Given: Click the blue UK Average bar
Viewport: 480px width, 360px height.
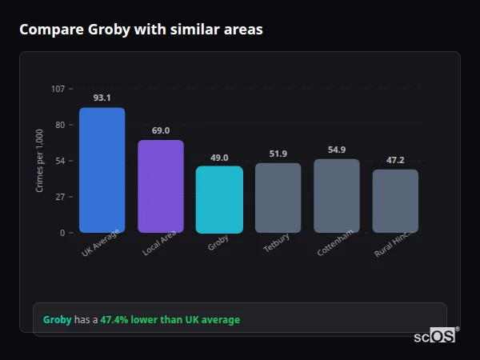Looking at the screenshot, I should click(102, 170).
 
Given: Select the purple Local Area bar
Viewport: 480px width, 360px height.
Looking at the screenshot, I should click(160, 186).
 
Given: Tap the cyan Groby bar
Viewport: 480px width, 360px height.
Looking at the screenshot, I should click(219, 199).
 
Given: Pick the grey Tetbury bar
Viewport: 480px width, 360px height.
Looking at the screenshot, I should click(278, 198).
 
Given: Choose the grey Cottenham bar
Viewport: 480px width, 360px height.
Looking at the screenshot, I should click(336, 195).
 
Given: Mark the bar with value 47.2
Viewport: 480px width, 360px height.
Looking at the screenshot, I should click(395, 201).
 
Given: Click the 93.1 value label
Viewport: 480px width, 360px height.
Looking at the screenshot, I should click(102, 98).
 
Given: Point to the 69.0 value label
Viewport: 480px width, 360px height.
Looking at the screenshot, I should click(160, 130).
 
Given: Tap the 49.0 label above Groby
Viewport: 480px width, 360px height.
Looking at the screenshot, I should click(219, 158).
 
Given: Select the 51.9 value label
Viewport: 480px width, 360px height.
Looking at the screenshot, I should click(278, 154).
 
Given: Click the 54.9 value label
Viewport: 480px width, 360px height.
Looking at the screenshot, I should click(336, 150).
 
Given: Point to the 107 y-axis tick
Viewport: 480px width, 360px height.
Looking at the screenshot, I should click(58, 88).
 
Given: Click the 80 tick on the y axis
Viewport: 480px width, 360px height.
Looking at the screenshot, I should click(60, 125).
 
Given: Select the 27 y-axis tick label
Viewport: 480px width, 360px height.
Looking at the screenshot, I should click(60, 197).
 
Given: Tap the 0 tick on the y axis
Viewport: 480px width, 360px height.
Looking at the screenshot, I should click(62, 233).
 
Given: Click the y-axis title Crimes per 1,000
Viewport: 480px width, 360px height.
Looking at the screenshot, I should click(40, 160).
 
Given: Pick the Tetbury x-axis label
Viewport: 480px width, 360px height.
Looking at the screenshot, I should click(276, 244).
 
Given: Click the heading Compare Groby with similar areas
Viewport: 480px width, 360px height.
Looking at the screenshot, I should click(141, 30).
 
